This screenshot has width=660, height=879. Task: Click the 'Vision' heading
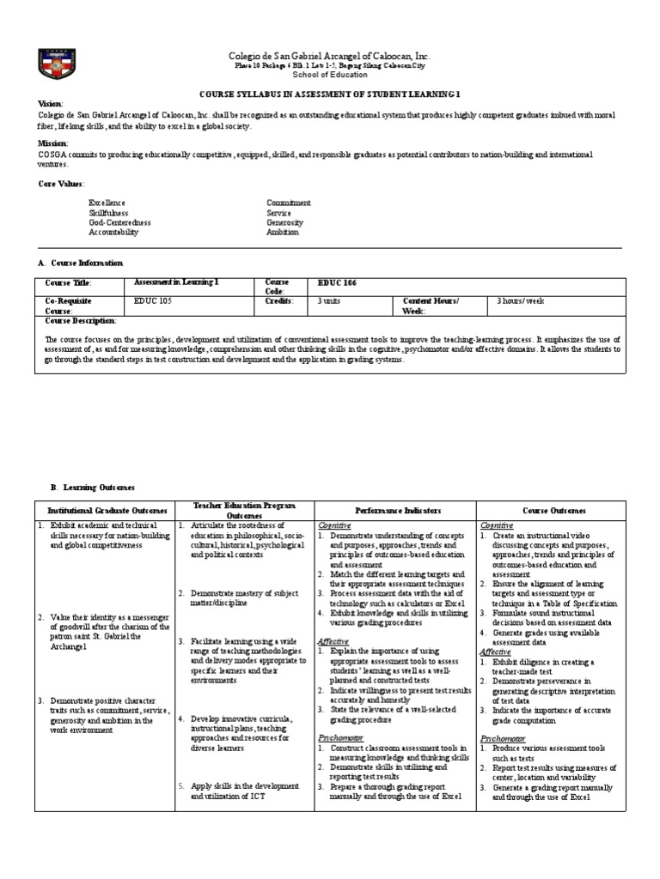[52, 102]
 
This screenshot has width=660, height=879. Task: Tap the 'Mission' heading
[53, 142]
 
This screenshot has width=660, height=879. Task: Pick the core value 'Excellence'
[108, 203]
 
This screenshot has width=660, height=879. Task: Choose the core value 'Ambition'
[283, 232]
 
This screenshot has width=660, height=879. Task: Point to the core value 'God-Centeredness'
[119, 222]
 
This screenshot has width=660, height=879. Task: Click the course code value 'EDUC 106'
[337, 282]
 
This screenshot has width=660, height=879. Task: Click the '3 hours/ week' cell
[521, 301]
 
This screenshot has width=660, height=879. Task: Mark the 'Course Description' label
[80, 320]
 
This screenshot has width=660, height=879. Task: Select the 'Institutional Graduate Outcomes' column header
[104, 510]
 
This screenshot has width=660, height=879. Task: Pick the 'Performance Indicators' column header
[394, 510]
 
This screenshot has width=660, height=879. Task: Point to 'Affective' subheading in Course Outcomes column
[495, 652]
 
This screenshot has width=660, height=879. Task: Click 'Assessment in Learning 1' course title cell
[177, 282]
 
